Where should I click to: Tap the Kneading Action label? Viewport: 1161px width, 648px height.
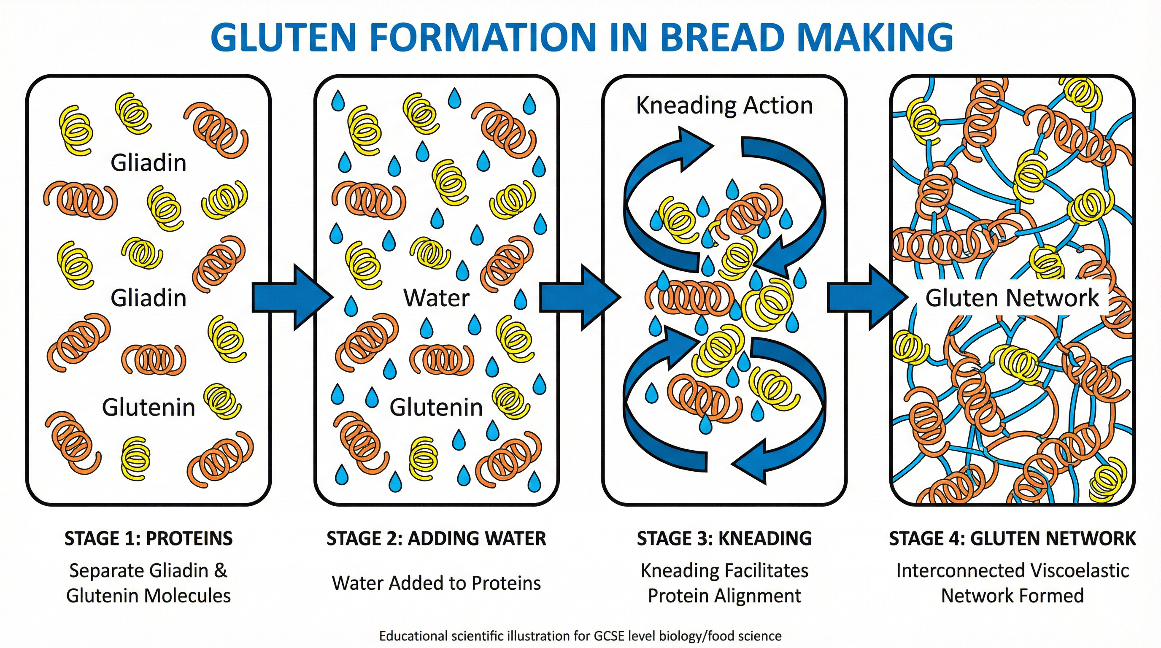(x=724, y=105)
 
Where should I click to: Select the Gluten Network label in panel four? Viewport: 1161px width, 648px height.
(x=1012, y=298)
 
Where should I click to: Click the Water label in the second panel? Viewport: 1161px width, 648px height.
(x=436, y=298)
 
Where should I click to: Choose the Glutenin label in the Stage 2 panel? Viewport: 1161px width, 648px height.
(x=436, y=408)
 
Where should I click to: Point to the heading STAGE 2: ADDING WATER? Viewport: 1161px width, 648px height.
(x=436, y=538)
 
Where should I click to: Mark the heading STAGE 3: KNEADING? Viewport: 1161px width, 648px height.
(x=724, y=538)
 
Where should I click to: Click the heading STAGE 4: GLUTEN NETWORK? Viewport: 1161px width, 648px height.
(x=1012, y=538)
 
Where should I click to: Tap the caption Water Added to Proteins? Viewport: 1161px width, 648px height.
(x=436, y=583)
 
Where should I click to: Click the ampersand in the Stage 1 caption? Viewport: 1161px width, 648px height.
(x=220, y=571)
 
